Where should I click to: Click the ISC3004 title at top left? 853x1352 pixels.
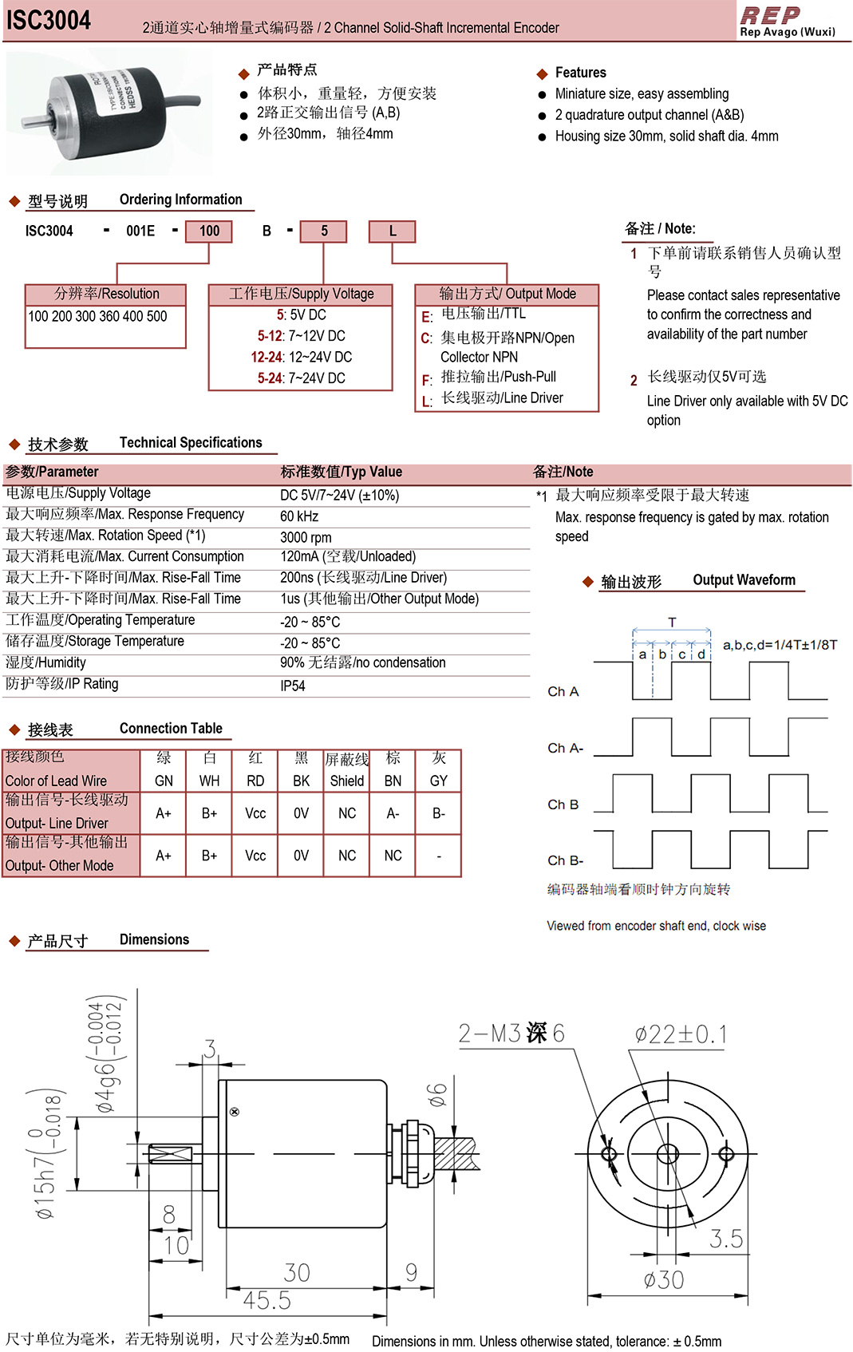pos(49,21)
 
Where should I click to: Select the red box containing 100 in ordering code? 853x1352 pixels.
pos(209,231)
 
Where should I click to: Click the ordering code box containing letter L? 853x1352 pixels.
pos(392,231)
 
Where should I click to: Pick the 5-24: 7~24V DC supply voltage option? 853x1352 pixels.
pos(301,378)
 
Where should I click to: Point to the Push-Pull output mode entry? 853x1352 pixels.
pos(499,377)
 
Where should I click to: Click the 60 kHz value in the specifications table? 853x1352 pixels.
pos(299,516)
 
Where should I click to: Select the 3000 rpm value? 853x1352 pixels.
pos(306,537)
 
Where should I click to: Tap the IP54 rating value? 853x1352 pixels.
pos(293,686)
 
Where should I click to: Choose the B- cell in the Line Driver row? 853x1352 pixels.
pos(439,813)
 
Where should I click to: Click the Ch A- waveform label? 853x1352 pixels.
pos(565,748)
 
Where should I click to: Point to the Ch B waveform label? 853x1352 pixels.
pos(563,804)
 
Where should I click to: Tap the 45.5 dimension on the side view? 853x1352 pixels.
pos(267,1300)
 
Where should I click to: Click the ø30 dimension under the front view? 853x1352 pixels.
pos(664,1280)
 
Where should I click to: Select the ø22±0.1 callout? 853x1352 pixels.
pos(681,1035)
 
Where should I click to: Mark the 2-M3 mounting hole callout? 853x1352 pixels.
pos(511,1034)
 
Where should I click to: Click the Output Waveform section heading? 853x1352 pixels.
pos(744,580)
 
